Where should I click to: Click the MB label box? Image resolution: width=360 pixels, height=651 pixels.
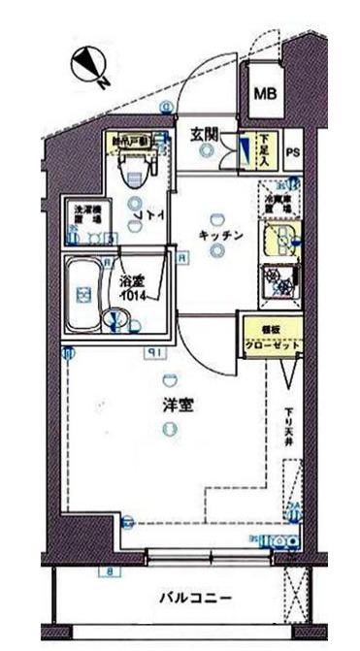263,94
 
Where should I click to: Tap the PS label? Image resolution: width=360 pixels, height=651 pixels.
292,151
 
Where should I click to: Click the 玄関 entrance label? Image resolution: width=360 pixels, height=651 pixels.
204,135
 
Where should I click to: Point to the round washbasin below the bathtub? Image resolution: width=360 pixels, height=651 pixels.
115,317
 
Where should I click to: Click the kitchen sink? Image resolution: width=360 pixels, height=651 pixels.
278,237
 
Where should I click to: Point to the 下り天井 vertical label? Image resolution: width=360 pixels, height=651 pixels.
288,428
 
